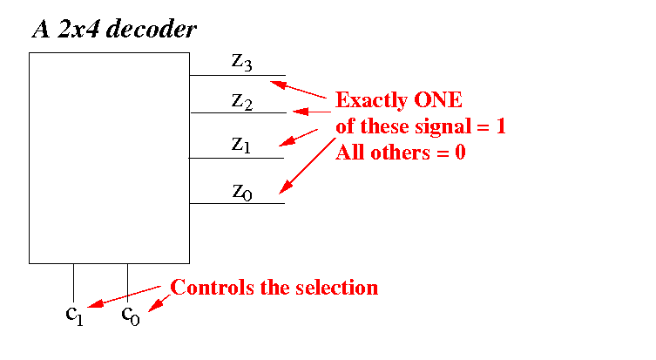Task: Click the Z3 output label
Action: point(242,61)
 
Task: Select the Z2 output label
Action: point(242,101)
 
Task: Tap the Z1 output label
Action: point(241,146)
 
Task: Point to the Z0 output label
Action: point(242,192)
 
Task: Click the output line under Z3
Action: point(237,75)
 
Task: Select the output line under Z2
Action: point(237,112)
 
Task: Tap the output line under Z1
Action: point(237,158)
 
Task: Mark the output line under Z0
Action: point(237,204)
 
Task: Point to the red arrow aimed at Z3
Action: point(301,89)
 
